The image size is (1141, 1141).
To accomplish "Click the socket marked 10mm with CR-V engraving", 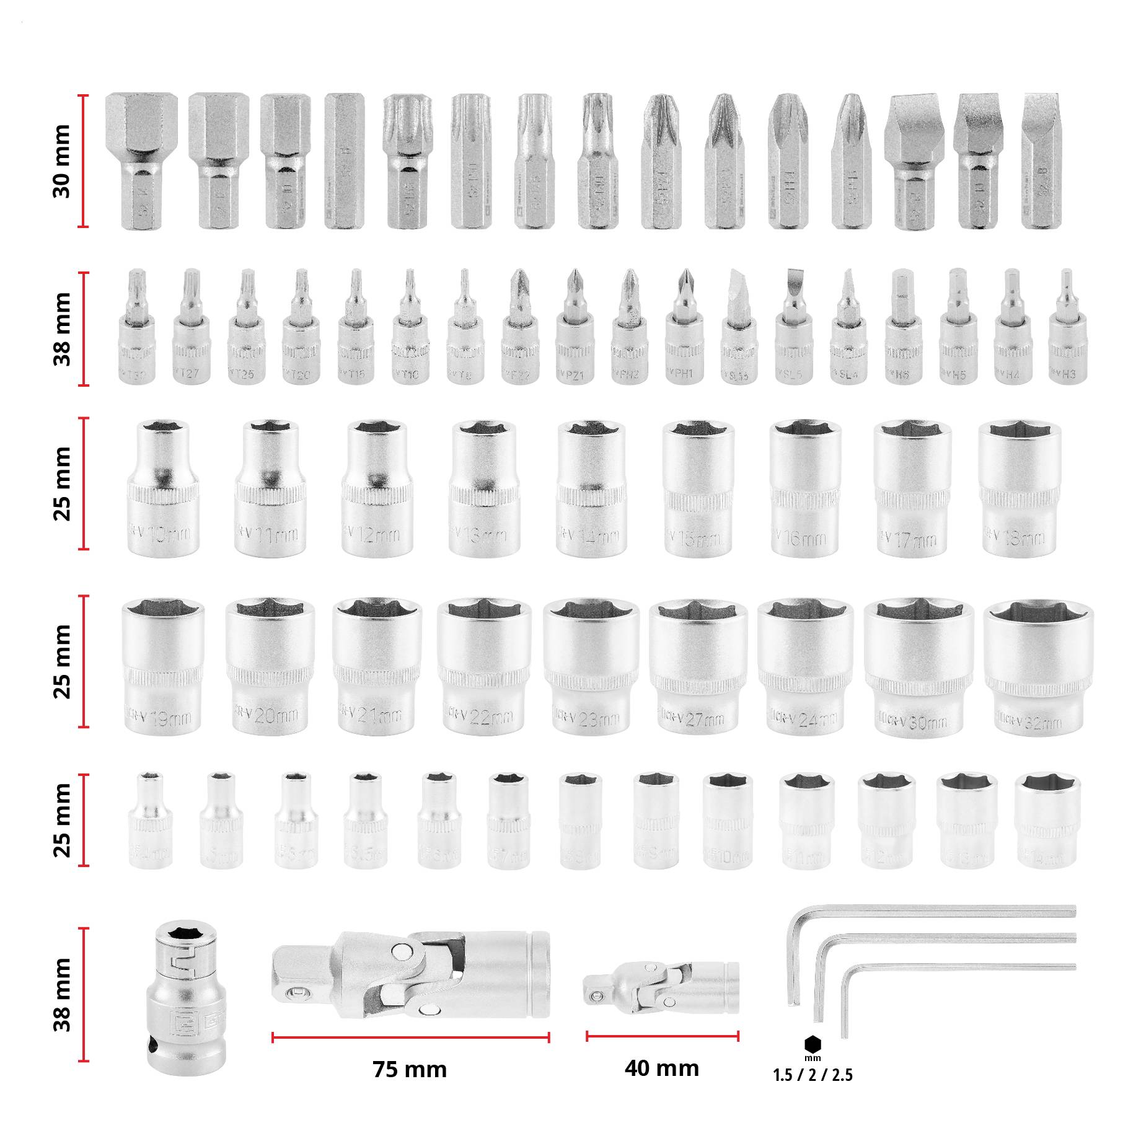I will coord(162,490).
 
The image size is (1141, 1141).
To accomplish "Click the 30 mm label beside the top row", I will coord(62,161).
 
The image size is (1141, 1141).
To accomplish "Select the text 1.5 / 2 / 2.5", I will coord(813,1075).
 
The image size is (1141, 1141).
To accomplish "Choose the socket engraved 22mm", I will coord(483,666).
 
